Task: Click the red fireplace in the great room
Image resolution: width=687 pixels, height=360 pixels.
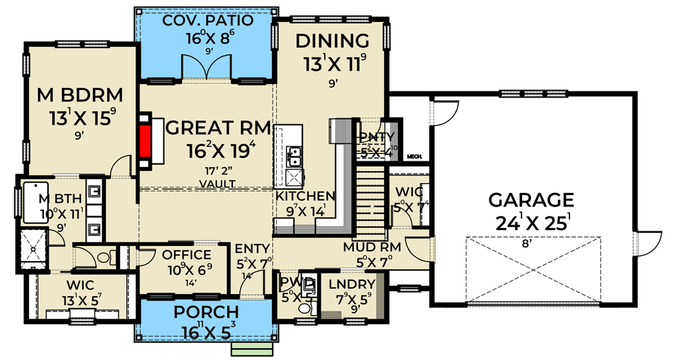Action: point(145,142)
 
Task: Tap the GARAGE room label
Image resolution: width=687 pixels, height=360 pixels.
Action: point(531,200)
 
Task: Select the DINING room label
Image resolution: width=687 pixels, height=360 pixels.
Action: point(333,41)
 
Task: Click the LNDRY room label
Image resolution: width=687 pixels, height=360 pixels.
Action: point(352,284)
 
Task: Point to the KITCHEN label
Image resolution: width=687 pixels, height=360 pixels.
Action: point(306,196)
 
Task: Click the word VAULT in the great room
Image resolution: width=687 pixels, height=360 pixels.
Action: point(216,183)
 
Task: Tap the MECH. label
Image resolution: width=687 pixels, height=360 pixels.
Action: point(414,157)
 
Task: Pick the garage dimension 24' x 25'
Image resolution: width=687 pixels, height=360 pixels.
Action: point(531,223)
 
